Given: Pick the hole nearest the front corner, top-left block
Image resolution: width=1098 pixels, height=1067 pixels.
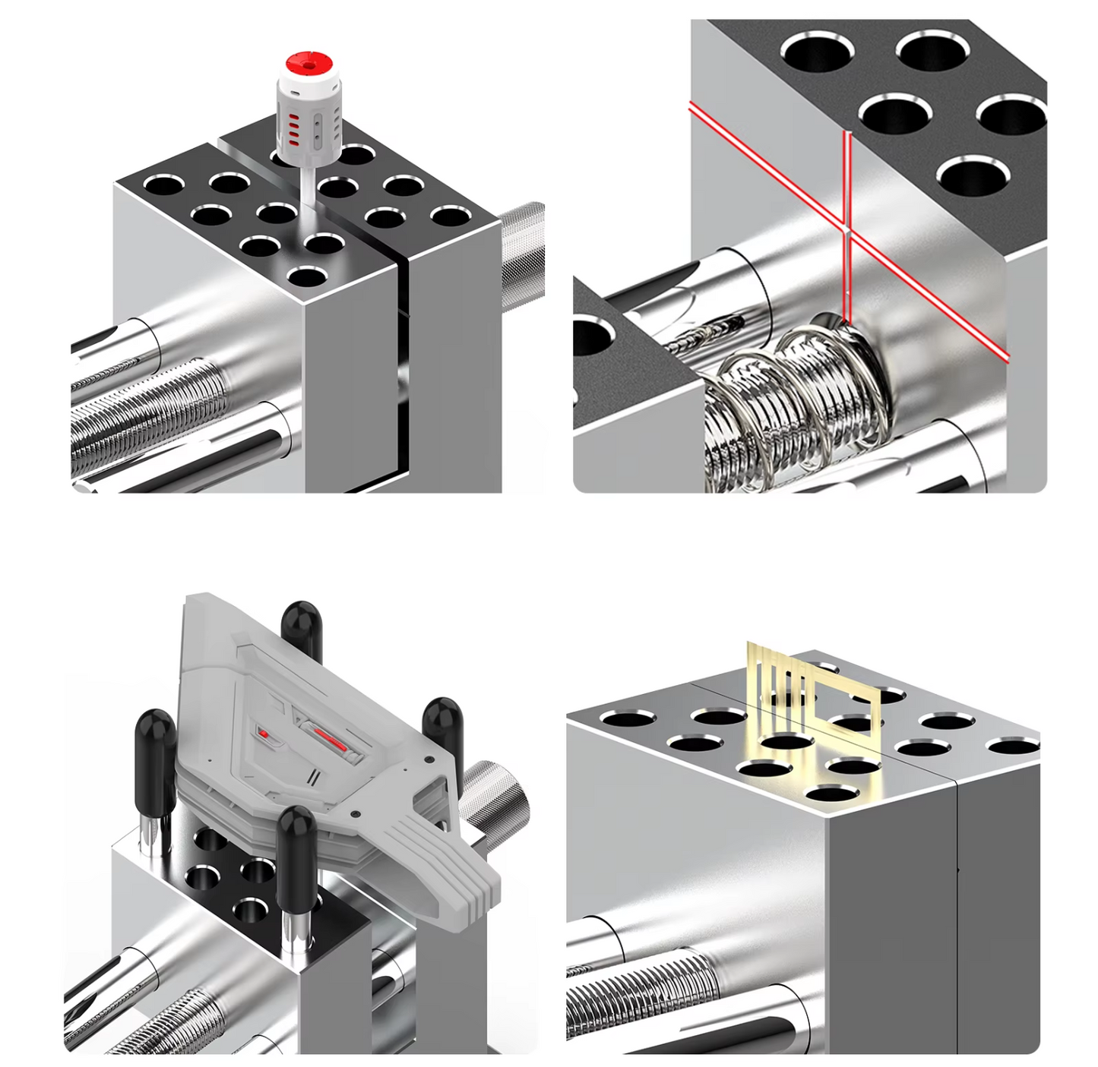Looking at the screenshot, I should [x=305, y=276].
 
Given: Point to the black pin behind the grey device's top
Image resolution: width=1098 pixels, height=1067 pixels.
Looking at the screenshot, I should [x=302, y=627].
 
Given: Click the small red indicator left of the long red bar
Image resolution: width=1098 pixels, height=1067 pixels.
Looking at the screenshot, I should [x=264, y=734].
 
